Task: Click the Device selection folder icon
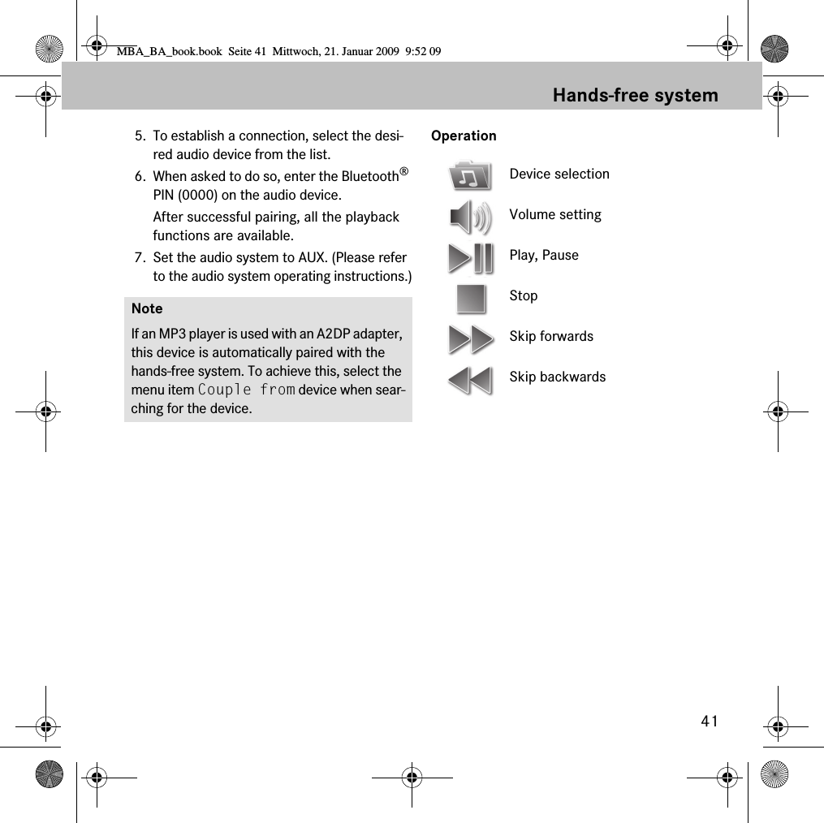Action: [x=470, y=175]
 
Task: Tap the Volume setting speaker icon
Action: [x=470, y=217]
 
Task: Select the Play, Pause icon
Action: [x=470, y=257]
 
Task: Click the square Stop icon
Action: [x=471, y=298]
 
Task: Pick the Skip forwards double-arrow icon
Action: [x=470, y=338]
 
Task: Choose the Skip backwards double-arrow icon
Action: [x=470, y=379]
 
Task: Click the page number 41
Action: [x=710, y=722]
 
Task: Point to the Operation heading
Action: [x=464, y=136]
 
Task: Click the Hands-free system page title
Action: [x=635, y=95]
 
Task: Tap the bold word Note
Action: [x=147, y=308]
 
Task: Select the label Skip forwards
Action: [x=551, y=336]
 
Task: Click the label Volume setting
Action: [x=555, y=214]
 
